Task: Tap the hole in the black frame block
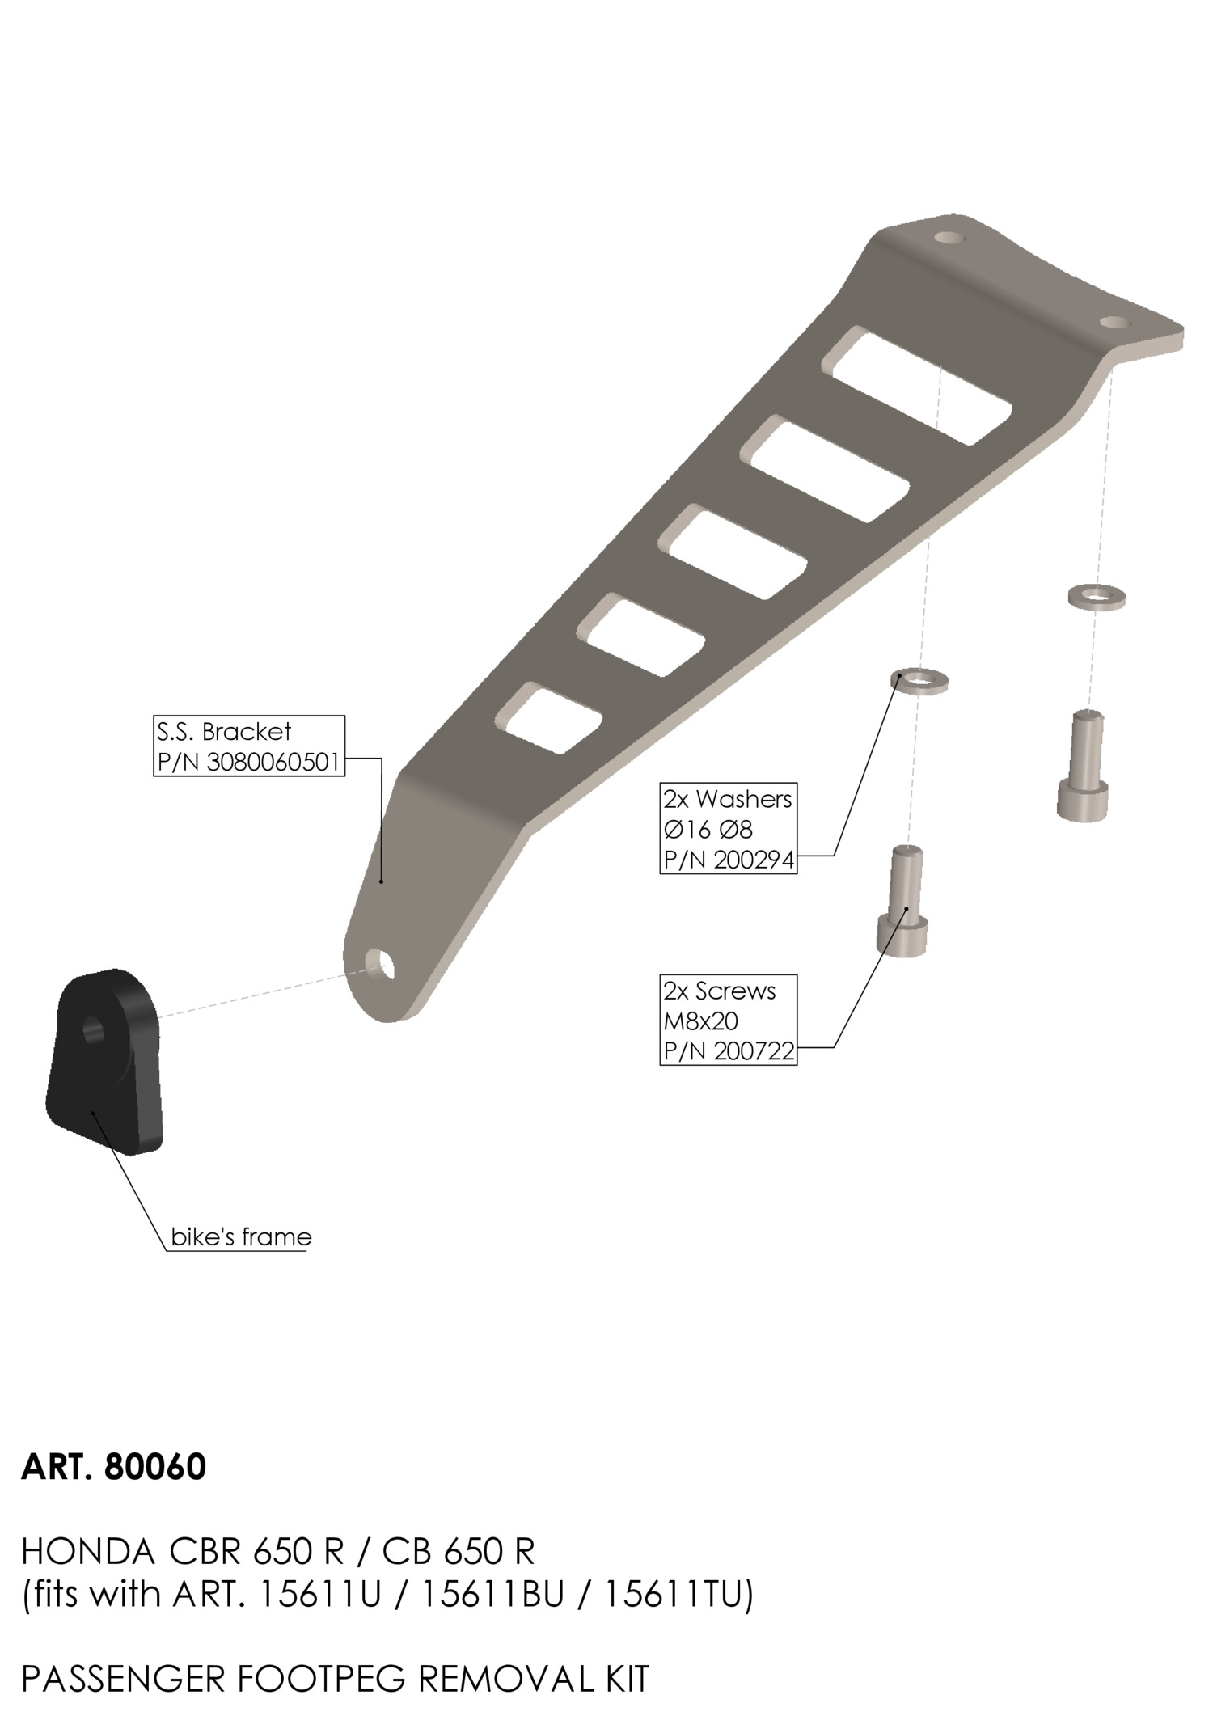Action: (94, 1031)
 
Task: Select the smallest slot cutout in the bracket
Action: (550, 718)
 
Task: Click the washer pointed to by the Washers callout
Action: (919, 681)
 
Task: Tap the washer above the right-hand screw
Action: (1097, 597)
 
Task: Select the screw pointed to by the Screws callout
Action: (903, 900)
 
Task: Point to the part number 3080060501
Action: (273, 762)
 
